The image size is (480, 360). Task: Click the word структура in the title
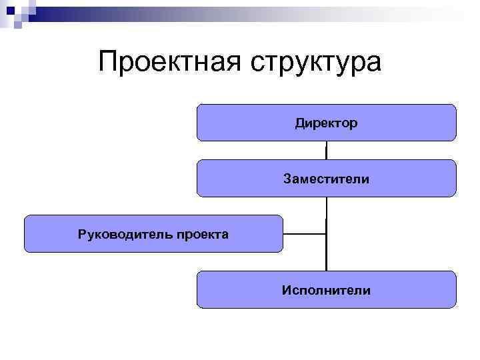316,64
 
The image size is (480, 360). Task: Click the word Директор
327,123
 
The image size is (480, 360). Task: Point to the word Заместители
326,179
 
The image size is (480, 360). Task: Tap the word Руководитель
126,234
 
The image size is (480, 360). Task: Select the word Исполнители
326,290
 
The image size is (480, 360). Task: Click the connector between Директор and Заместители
326,150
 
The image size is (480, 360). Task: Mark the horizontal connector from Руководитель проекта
304,234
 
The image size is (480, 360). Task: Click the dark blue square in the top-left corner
9,10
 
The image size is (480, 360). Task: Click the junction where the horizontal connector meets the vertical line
326,234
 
